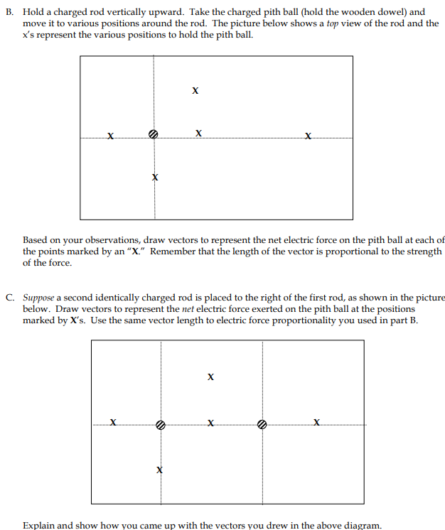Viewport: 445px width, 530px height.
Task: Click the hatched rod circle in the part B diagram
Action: [153, 134]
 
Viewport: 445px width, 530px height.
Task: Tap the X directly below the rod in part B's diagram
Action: [154, 176]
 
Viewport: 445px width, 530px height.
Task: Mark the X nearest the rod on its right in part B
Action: [198, 133]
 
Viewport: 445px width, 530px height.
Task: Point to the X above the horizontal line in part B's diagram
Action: [195, 91]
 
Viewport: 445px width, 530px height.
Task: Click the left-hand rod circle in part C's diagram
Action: [161, 425]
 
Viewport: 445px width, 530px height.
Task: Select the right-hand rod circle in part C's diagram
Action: [262, 425]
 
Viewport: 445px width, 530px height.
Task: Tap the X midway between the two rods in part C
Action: [210, 424]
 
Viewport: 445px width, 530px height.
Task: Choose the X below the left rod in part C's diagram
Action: [160, 470]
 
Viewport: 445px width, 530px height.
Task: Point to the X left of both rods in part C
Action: [113, 423]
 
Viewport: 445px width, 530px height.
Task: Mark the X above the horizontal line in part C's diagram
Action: [210, 377]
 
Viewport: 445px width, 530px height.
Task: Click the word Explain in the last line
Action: [39, 525]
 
